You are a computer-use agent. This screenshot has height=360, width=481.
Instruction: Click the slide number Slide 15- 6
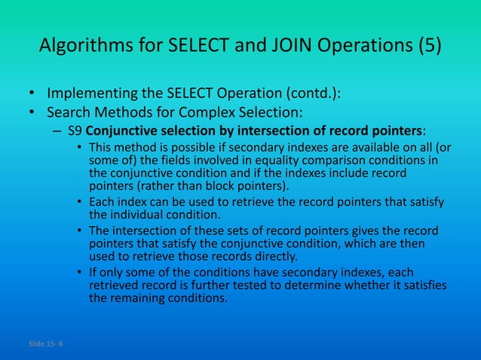pos(45,343)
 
